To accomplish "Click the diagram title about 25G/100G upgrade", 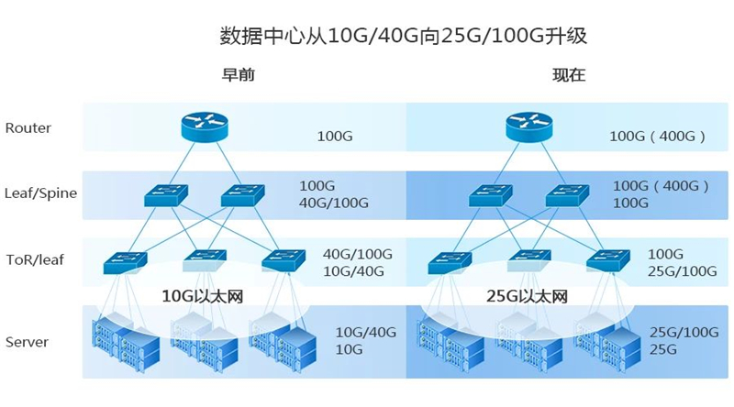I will [x=403, y=37].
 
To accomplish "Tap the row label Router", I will [x=28, y=128].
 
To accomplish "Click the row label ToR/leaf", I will [x=35, y=260].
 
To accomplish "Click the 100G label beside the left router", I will [x=335, y=137].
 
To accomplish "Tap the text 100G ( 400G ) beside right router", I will [x=657, y=137].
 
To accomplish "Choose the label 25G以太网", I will [x=528, y=296].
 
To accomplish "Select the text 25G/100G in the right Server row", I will [x=683, y=331].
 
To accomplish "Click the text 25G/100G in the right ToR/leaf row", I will [x=683, y=270].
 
